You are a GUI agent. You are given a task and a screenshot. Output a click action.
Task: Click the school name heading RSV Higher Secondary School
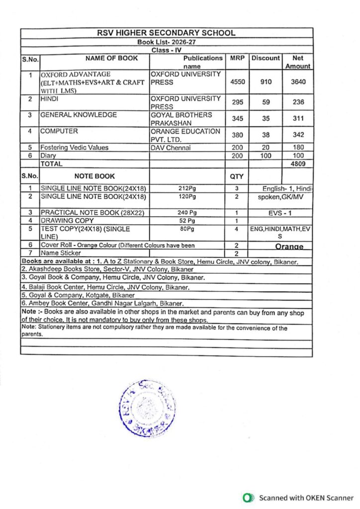[x=166, y=33]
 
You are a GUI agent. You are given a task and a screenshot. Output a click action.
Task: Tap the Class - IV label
[x=167, y=51]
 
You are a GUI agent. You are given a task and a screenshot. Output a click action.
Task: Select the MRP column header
[x=236, y=58]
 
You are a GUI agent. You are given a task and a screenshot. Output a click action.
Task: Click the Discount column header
[x=266, y=58]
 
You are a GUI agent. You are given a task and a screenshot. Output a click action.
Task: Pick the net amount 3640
[x=297, y=82]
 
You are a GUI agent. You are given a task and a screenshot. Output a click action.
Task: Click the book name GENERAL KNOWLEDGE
[x=79, y=115]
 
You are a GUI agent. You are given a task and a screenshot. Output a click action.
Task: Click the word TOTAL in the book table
[x=52, y=163]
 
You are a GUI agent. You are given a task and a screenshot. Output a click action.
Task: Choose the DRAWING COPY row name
[x=67, y=220]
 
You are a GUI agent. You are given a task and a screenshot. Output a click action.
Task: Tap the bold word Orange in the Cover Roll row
[x=289, y=247]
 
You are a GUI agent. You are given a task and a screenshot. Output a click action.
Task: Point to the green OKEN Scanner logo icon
[x=247, y=498]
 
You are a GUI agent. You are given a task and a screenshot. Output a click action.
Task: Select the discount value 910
[x=266, y=82]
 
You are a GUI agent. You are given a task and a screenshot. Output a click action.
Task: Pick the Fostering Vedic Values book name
[x=74, y=147]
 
